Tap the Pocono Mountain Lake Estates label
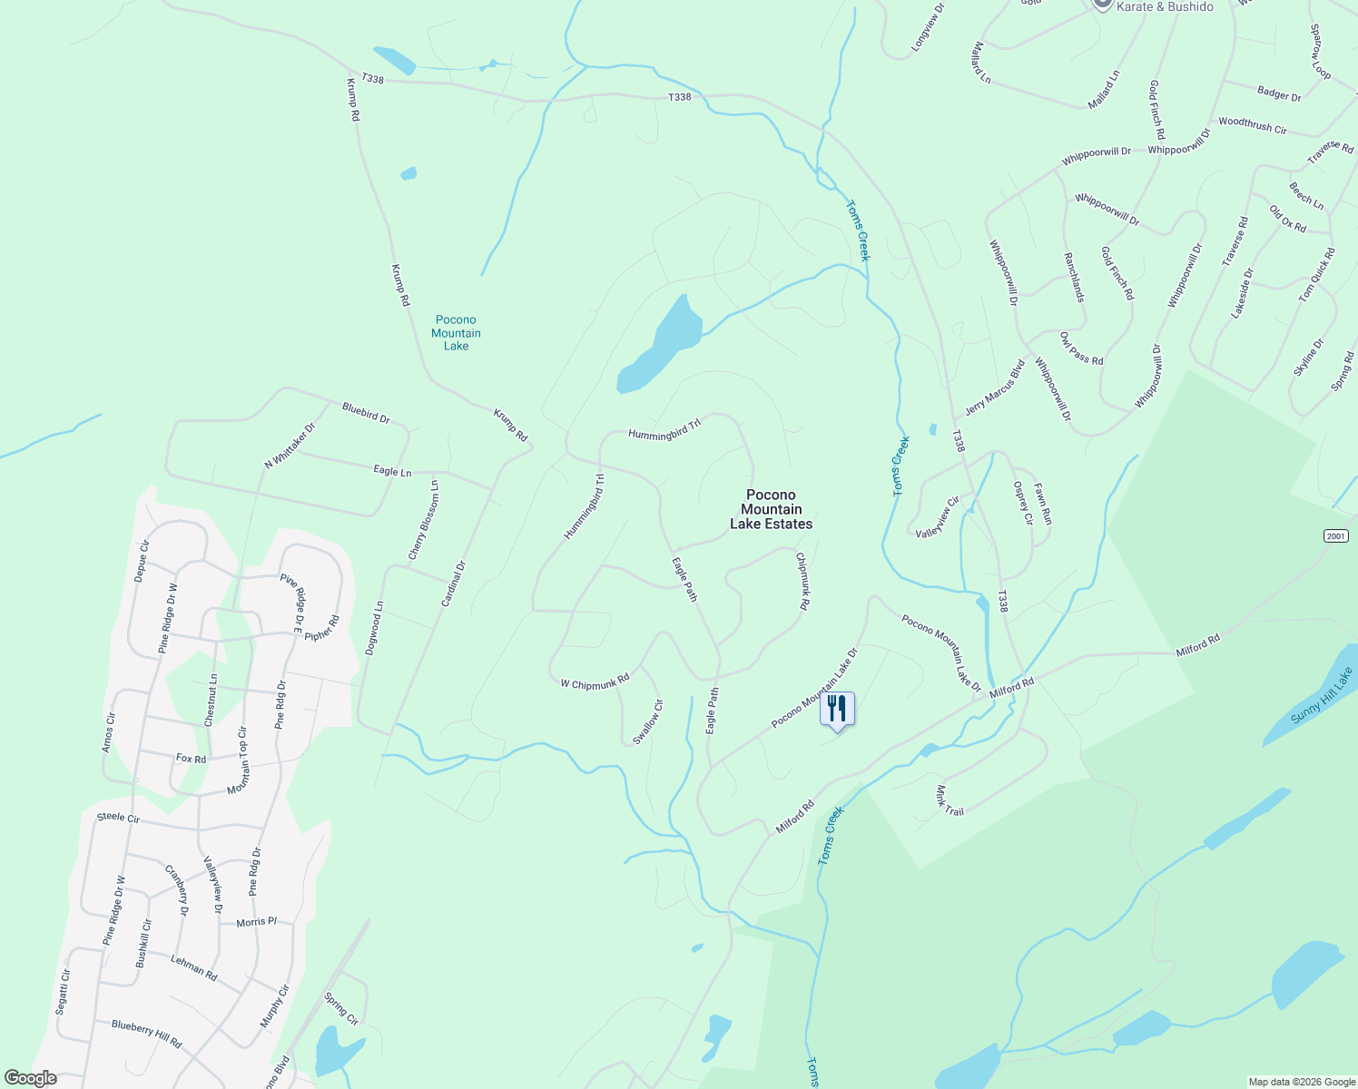pyautogui.click(x=771, y=510)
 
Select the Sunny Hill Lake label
pyautogui.click(x=1321, y=695)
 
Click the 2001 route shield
pyautogui.click(x=1335, y=536)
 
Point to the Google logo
pyautogui.click(x=30, y=1078)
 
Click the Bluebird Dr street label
pyautogui.click(x=366, y=413)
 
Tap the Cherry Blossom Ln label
pyautogui.click(x=423, y=520)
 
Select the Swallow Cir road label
pyautogui.click(x=648, y=721)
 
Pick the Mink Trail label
pyautogui.click(x=950, y=800)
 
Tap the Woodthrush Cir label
pyautogui.click(x=1253, y=125)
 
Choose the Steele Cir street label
pyautogui.click(x=118, y=817)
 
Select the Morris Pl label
pyautogui.click(x=257, y=921)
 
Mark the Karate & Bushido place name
pyautogui.click(x=1165, y=6)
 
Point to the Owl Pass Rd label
pyautogui.click(x=1081, y=348)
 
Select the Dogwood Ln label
pyautogui.click(x=374, y=628)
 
